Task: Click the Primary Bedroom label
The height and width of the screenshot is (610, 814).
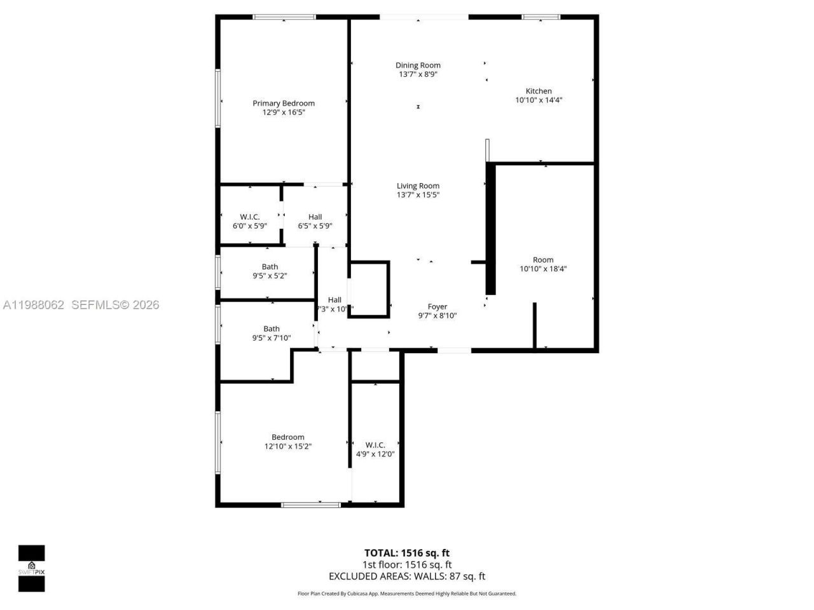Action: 284,103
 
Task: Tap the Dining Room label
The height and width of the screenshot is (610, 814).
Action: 418,65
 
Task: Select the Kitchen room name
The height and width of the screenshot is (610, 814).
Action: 539,91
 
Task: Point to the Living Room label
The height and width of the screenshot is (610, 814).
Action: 418,186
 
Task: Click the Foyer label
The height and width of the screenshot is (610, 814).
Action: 438,306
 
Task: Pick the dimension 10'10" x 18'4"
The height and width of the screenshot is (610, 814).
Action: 543,269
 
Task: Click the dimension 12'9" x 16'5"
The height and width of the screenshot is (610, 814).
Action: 284,112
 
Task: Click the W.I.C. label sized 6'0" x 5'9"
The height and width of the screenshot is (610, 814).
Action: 250,217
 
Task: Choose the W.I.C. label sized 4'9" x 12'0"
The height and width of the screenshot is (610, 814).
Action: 375,445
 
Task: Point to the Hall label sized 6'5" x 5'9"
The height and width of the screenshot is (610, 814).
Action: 315,217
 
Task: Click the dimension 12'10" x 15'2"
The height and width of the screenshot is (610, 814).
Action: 288,447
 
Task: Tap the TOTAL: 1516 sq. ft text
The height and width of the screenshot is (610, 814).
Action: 407,553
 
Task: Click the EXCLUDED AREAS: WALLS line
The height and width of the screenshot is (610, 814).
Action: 407,576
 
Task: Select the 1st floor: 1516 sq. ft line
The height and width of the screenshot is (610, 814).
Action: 407,565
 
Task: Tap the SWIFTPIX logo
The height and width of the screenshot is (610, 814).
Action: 31,568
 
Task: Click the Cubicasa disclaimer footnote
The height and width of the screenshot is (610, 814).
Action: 407,593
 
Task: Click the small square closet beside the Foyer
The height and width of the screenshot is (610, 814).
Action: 369,289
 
